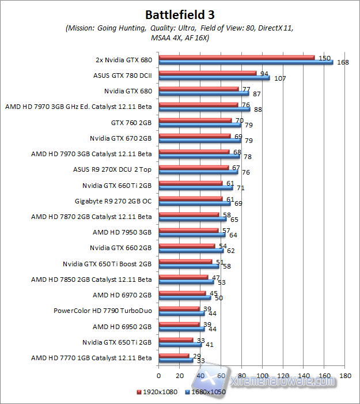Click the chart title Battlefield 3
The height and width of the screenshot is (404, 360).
pos(180,14)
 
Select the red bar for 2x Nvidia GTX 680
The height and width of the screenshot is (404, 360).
pos(237,57)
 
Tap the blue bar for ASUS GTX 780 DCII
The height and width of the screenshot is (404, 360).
pos(214,77)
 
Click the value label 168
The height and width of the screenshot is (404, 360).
pos(343,62)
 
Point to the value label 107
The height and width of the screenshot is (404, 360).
pos(280,78)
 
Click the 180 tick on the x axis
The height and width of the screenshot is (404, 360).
pos(345,376)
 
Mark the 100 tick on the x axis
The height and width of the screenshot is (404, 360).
pos(263,376)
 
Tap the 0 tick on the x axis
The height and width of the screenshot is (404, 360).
pos(159,376)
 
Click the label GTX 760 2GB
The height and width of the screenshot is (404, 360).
pos(131,122)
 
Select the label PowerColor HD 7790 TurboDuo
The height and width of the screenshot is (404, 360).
pos(103,311)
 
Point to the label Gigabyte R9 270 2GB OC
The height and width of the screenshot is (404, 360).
pos(113,201)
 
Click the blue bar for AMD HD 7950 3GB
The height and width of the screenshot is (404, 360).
pos(192,235)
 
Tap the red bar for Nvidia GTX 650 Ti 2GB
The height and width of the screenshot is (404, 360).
pos(176,340)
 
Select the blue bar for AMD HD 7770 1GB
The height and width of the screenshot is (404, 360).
pos(176,360)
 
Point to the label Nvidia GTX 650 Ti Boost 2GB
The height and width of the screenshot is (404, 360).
pos(107,264)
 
